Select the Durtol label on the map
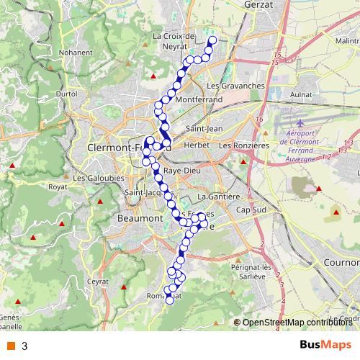[66, 94]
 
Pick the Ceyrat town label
[97, 282]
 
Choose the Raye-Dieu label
[181, 171]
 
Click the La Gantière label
[217, 196]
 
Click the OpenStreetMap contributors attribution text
[297, 322]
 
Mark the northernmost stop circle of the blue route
[212, 40]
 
